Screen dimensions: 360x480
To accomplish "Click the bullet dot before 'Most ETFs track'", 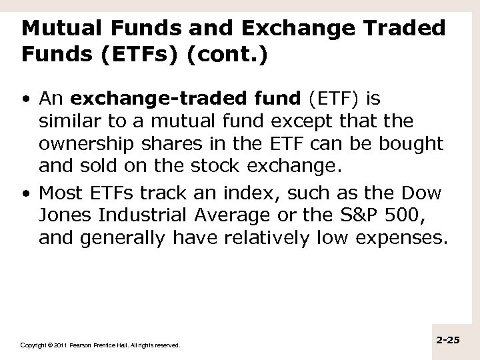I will click(24, 194).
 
